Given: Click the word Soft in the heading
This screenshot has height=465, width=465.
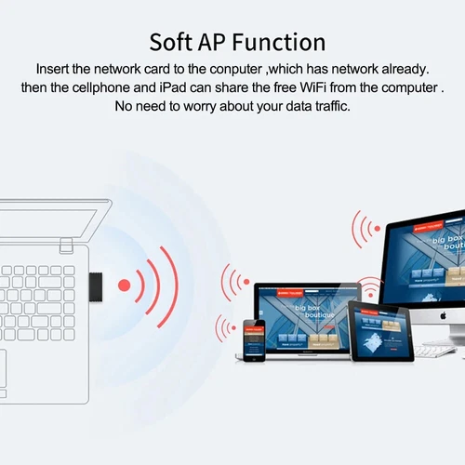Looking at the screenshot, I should [x=174, y=43].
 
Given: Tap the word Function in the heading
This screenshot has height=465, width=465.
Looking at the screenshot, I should [x=283, y=43].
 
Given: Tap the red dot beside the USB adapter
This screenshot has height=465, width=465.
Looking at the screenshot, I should [x=124, y=284].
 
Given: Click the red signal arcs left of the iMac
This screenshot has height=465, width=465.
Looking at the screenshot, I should [x=363, y=229].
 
